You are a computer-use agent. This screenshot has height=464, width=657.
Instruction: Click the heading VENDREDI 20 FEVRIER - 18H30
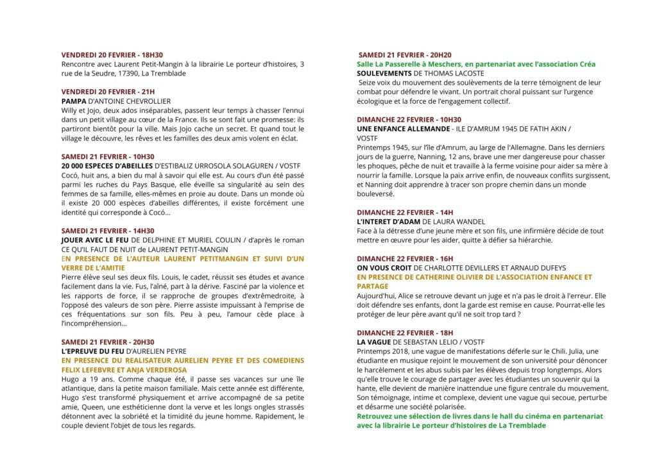pos(112,55)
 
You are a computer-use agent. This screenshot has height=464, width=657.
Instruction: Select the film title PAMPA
pos(74,101)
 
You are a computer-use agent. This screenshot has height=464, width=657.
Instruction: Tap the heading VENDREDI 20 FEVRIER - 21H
pos(108,92)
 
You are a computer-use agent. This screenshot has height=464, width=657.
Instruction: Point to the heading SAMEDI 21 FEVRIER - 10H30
pos(108,156)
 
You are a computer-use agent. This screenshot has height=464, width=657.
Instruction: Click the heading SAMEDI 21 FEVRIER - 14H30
pos(108,231)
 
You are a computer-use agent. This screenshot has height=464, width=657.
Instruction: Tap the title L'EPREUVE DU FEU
pos(94,351)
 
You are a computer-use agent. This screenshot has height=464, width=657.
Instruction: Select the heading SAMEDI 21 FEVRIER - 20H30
pos(108,342)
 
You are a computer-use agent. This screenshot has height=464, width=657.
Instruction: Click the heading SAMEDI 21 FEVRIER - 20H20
pos(405,55)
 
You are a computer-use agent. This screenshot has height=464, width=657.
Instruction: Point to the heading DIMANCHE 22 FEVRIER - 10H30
pos(409,120)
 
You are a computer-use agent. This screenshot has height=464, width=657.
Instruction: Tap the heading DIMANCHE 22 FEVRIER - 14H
pos(404,212)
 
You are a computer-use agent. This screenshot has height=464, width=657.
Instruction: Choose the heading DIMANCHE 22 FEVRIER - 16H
pos(404,258)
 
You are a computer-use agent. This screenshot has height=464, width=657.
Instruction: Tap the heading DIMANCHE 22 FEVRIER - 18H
pos(404,333)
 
